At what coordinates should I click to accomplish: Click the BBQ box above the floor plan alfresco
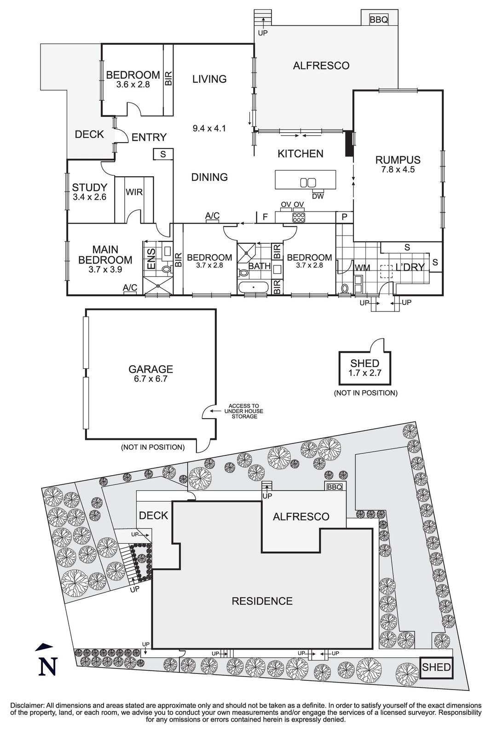pos(379,19)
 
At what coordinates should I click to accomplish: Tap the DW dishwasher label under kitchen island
pos(318,196)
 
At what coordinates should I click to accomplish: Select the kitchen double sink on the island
pos(308,183)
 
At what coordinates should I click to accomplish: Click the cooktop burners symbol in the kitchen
pos(298,217)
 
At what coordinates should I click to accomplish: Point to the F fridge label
pos(265,216)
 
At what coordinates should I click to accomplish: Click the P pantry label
pos(344,217)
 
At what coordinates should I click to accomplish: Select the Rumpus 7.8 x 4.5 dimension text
pos(398,169)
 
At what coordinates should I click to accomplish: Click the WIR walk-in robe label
pos(134,192)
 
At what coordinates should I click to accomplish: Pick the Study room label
pos(89,187)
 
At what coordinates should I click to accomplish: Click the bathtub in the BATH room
pos(254,288)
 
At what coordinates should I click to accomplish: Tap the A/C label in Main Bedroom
pos(130,287)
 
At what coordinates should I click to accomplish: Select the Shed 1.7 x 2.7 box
pos(365,368)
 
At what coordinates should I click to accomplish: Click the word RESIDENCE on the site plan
pos(262,601)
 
